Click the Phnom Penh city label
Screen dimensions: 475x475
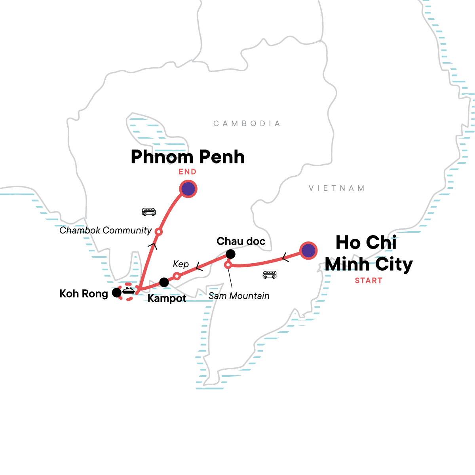[188, 157]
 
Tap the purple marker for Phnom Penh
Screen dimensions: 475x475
[188, 189]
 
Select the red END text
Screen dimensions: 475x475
[187, 172]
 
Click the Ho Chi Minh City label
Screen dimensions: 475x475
[368, 253]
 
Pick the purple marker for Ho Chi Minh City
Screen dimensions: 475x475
[308, 250]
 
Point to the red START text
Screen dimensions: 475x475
[369, 281]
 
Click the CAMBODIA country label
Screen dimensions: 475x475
[247, 124]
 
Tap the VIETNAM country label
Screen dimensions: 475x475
[336, 188]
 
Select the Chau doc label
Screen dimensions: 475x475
[241, 241]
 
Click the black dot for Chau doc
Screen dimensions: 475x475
[230, 254]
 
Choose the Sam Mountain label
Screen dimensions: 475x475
[239, 296]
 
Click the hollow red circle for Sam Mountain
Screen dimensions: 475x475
[228, 264]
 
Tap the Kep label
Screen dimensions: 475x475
[181, 264]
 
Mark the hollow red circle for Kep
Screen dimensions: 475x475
[177, 276]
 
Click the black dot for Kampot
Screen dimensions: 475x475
[164, 282]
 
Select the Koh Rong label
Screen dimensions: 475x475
[84, 294]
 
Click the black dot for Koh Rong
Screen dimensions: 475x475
[116, 293]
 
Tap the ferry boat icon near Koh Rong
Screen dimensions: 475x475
[128, 291]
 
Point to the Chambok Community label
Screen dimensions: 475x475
[106, 230]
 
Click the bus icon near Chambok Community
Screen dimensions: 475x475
[149, 212]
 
